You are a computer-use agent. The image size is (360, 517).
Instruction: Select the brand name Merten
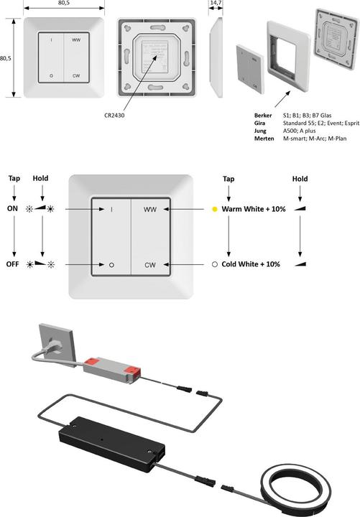(x=265, y=139)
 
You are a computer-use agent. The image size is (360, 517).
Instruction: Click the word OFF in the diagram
(x=13, y=264)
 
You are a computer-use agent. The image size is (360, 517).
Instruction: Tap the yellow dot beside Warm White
(x=214, y=210)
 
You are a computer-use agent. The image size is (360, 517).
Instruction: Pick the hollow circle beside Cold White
(x=214, y=264)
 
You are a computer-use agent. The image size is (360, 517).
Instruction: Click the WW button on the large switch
(x=149, y=210)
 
